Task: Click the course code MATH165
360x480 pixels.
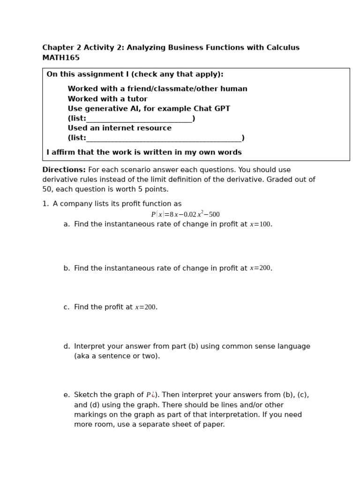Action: point(61,58)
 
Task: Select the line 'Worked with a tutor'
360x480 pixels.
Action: point(107,99)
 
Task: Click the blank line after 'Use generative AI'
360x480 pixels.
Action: point(139,119)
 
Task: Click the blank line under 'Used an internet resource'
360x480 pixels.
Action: point(164,138)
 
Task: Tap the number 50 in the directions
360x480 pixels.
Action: point(47,189)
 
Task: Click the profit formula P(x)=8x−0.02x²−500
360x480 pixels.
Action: point(185,214)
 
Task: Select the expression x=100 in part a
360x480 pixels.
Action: point(260,225)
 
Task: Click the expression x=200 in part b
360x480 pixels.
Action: point(260,268)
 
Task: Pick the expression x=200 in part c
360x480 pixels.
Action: point(145,307)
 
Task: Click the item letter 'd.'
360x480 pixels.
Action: point(67,346)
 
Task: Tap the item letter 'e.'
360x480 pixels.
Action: point(67,395)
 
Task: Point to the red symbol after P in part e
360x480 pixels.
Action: point(153,395)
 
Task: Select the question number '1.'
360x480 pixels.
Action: point(45,204)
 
